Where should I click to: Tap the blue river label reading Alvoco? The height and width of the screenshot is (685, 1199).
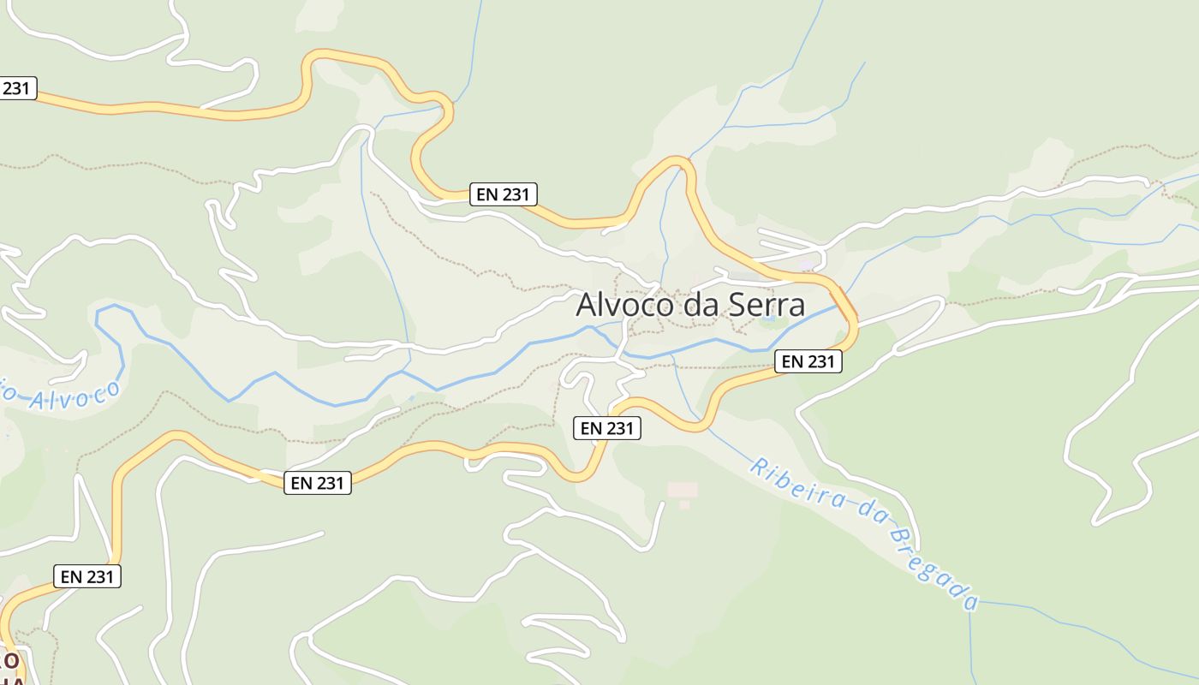(x=73, y=396)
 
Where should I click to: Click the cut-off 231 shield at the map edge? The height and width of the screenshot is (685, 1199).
(x=16, y=87)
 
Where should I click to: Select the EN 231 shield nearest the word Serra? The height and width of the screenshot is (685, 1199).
(x=808, y=361)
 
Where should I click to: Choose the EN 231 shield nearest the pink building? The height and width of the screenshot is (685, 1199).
(x=606, y=428)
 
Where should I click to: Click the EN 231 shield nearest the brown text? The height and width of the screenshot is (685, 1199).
(x=87, y=576)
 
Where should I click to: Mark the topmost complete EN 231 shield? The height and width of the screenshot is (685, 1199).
(x=504, y=194)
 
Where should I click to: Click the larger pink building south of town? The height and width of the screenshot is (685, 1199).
(x=683, y=490)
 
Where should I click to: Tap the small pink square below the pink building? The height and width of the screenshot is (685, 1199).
(x=684, y=505)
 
